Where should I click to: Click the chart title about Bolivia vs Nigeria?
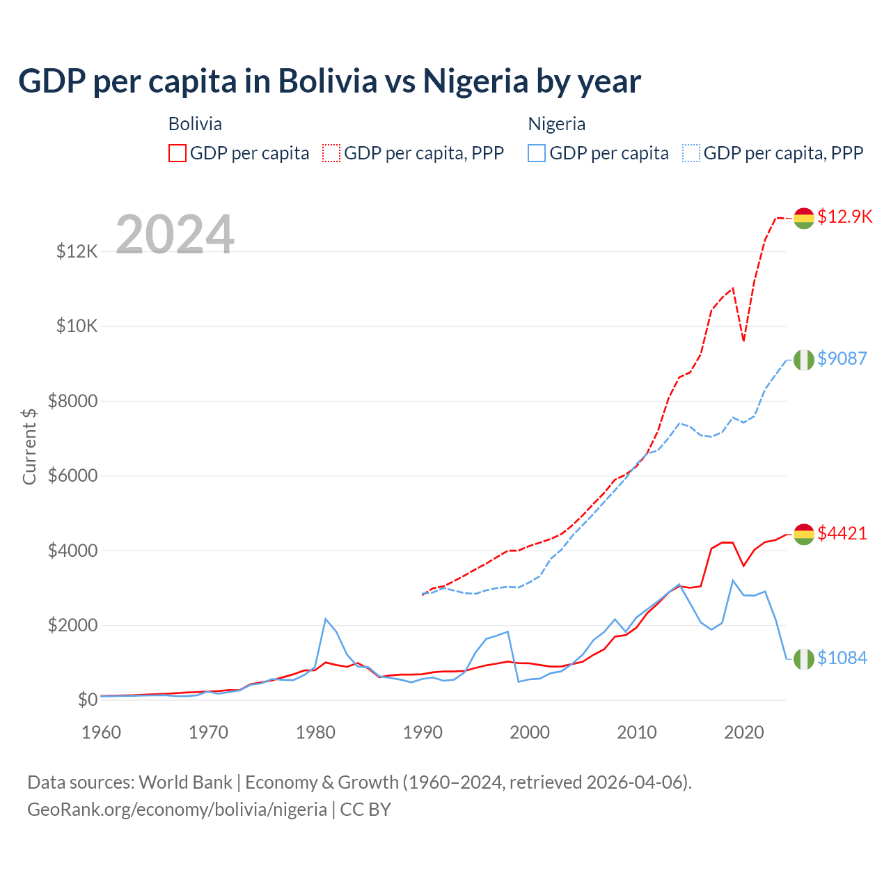pyautogui.click(x=329, y=81)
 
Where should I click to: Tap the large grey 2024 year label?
pyautogui.click(x=175, y=235)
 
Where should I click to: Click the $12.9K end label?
pyautogui.click(x=844, y=216)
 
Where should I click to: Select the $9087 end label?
pyautogui.click(x=842, y=358)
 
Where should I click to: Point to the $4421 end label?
pyautogui.click(x=842, y=533)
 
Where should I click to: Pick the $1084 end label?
pyautogui.click(x=842, y=658)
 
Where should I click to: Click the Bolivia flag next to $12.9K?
pyautogui.click(x=804, y=218)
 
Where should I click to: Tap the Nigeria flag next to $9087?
pyautogui.click(x=804, y=360)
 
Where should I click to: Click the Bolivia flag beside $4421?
pyautogui.click(x=804, y=535)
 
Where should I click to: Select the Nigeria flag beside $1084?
pyautogui.click(x=804, y=659)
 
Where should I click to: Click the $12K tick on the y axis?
pyautogui.click(x=77, y=251)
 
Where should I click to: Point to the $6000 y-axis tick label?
pyautogui.click(x=72, y=476)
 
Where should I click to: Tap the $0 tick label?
pyautogui.click(x=88, y=700)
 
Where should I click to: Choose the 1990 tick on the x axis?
pyautogui.click(x=423, y=732)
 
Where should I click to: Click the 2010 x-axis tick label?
pyautogui.click(x=637, y=732)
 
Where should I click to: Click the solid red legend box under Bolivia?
pyautogui.click(x=178, y=153)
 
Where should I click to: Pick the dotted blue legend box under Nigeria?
pyautogui.click(x=691, y=153)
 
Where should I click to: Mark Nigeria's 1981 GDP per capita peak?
pyautogui.click(x=326, y=619)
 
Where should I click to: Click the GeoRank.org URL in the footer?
pyautogui.click(x=177, y=810)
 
